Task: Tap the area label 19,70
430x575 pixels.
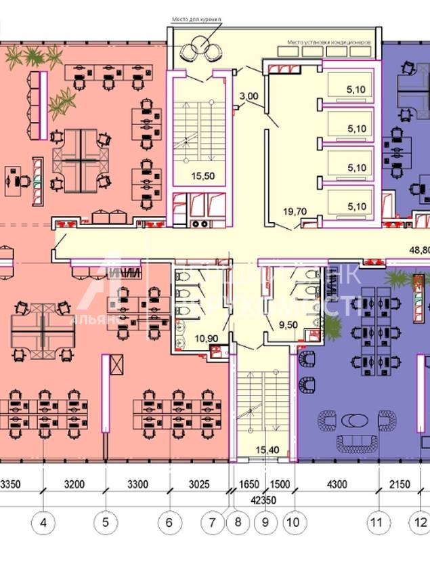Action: coord(295,212)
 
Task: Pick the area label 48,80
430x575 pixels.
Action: coord(420,249)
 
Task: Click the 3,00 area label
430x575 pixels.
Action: coord(249,96)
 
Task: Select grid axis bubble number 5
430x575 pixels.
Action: coord(106,522)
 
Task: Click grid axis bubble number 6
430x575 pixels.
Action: coord(169,522)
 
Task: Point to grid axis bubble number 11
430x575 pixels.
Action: coord(377,522)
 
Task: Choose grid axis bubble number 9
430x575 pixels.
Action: coord(265,522)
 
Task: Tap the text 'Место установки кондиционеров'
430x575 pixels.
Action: coord(329,42)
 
